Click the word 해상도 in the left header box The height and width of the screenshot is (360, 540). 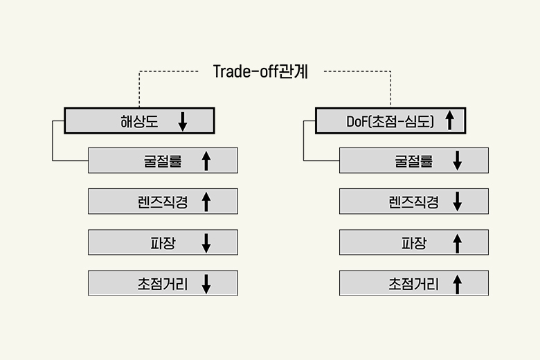click(139, 121)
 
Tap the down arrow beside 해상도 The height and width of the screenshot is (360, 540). click(183, 121)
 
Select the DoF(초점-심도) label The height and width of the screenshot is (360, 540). click(390, 121)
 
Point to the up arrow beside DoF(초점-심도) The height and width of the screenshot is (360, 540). click(449, 121)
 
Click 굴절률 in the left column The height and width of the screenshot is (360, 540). click(162, 161)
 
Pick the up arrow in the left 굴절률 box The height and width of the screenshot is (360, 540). click(206, 161)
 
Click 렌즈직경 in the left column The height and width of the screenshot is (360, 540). click(162, 201)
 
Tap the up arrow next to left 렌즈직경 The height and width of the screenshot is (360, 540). click(206, 201)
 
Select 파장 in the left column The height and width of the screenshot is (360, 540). click(163, 242)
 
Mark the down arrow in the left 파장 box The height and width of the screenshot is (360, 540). click(206, 242)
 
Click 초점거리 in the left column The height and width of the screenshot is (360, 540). click(162, 283)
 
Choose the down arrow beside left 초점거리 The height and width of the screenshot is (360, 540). click(206, 283)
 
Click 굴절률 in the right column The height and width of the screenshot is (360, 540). click(413, 161)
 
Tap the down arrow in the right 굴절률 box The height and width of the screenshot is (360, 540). click(457, 161)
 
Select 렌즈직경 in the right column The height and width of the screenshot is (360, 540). click(413, 201)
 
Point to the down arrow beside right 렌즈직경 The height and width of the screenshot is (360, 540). click(457, 201)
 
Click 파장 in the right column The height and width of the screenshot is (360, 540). click(414, 242)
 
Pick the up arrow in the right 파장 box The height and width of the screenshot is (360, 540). click(457, 242)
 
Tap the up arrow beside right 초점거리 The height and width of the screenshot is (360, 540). click(457, 283)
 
